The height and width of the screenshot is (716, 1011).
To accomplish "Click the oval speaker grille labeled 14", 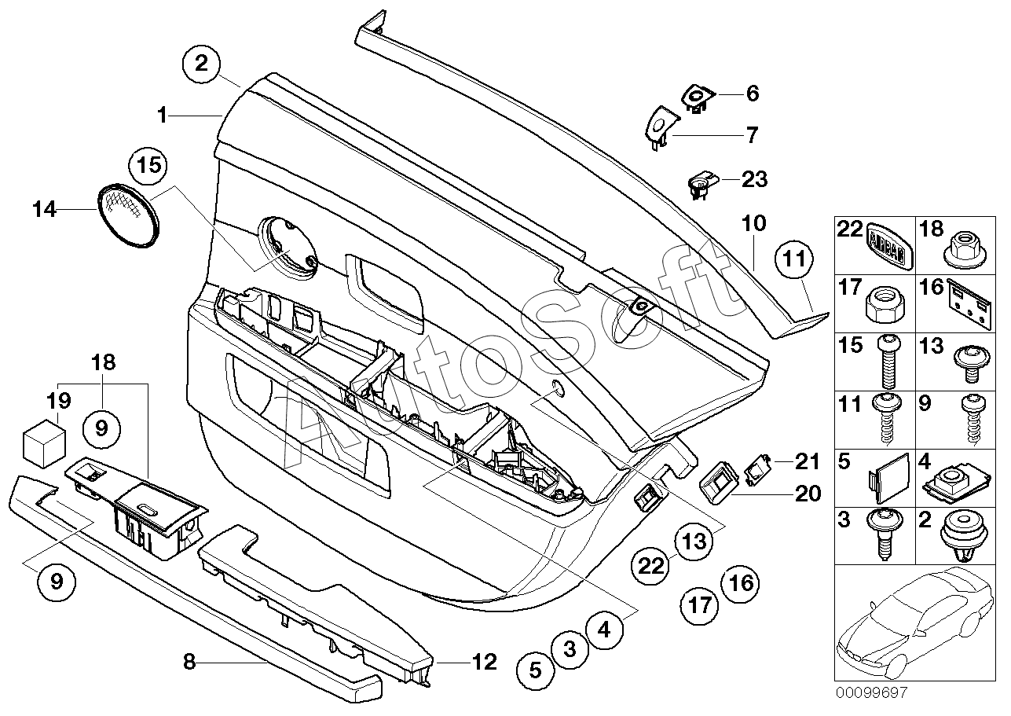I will (x=128, y=212).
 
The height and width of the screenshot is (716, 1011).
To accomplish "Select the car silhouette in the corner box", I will (x=910, y=621).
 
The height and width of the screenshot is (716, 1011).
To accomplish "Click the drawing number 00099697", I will (x=870, y=692).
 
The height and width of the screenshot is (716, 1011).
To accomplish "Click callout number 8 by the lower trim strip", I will (x=189, y=662).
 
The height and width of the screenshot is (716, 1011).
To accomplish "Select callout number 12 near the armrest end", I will (x=485, y=662).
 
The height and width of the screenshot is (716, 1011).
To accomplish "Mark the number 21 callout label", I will (x=807, y=461).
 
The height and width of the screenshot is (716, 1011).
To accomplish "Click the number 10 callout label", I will (x=753, y=223).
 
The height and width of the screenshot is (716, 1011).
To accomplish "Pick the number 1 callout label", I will (x=162, y=116).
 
